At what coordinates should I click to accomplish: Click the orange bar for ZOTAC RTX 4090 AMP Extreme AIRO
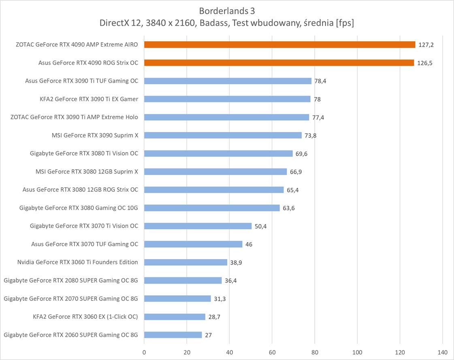pos(279,45)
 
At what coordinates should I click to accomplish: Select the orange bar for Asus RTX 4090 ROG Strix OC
pos(279,63)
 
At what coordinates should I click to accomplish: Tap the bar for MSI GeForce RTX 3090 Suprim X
pos(223,135)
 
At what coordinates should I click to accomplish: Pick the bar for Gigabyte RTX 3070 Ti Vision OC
pos(198,226)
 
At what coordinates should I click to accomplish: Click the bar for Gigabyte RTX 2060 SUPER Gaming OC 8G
pos(173,335)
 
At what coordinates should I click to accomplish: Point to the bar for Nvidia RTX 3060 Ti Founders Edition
pos(185,262)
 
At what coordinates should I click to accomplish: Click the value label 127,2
pos(426,45)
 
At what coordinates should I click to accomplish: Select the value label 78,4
pos(320,81)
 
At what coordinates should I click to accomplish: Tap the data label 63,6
pos(289,208)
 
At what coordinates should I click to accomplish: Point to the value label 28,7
pos(214,317)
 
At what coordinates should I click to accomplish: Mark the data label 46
pos(249,245)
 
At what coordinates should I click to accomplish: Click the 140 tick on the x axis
pos(442,352)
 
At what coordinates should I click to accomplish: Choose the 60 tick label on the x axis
pos(272,352)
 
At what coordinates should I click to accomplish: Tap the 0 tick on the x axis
pos(144,352)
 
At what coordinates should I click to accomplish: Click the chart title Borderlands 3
pos(227,11)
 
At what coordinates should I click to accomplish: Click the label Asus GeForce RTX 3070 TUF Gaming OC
pos(85,244)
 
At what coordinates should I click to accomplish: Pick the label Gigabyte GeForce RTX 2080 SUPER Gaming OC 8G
pos(71,280)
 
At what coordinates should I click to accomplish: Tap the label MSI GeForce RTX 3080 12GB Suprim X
pos(87,171)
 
